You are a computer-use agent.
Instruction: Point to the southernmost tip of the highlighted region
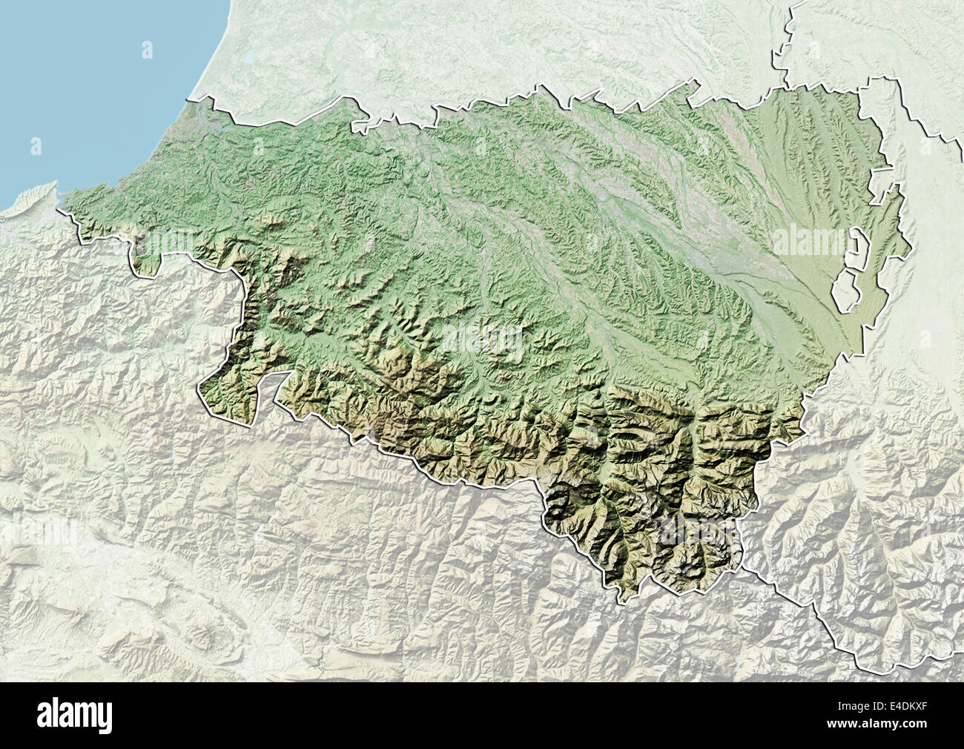(x=627, y=594)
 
